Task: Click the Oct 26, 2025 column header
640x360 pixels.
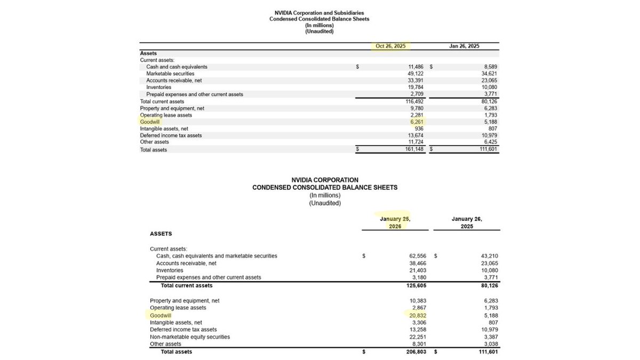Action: (x=390, y=46)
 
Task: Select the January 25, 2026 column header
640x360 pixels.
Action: (x=395, y=222)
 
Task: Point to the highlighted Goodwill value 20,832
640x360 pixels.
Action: (x=417, y=315)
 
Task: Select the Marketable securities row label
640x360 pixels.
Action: (x=170, y=74)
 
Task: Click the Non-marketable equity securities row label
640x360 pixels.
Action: (x=190, y=337)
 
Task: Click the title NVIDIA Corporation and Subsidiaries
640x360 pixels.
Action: (x=319, y=13)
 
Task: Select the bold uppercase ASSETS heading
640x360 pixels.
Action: (x=161, y=234)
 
